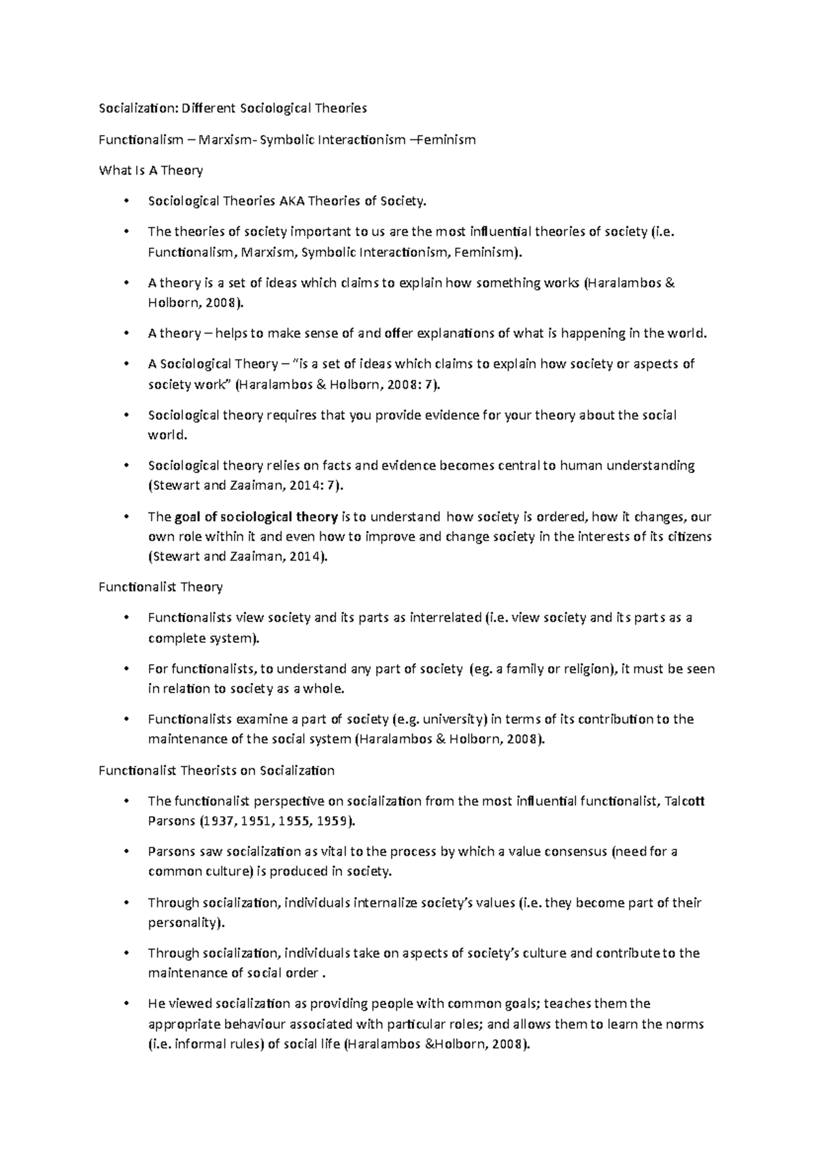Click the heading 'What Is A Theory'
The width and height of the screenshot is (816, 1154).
(x=151, y=171)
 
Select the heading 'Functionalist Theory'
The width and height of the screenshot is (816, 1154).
(x=160, y=587)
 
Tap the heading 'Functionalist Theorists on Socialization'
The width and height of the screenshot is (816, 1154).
(x=216, y=771)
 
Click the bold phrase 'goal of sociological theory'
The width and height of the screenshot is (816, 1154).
(x=256, y=517)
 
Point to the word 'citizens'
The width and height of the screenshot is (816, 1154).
(x=689, y=537)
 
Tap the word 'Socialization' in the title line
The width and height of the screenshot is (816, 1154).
(x=133, y=109)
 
